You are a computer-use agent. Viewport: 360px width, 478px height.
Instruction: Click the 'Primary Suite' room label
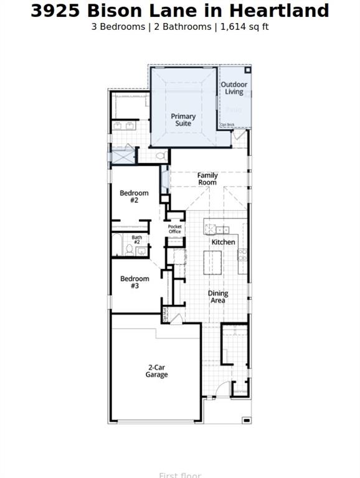[x=183, y=120]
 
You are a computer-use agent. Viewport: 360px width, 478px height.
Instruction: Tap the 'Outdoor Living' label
[x=234, y=88]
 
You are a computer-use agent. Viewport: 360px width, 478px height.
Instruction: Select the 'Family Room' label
[x=207, y=179]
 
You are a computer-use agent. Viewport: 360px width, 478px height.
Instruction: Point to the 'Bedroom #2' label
[x=134, y=197]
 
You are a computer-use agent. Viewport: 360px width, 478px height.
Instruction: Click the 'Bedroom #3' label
[x=135, y=283]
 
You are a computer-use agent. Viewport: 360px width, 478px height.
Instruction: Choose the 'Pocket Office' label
[x=175, y=229]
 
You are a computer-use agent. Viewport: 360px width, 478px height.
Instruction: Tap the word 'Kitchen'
[x=224, y=242]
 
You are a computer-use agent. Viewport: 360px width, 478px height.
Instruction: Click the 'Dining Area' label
[x=218, y=297]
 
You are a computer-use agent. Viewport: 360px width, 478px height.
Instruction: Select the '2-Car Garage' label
[x=157, y=372]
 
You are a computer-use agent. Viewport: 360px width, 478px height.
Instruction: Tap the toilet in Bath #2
[x=130, y=250]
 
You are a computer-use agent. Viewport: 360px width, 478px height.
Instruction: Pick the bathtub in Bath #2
[x=118, y=245]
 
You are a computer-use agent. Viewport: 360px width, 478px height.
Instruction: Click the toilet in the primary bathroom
[x=160, y=156]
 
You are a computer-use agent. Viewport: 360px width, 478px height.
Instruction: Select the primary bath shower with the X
[x=123, y=156]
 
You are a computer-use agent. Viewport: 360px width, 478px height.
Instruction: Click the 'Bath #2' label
[x=137, y=240]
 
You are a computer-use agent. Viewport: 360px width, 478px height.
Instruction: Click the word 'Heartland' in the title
[x=278, y=11]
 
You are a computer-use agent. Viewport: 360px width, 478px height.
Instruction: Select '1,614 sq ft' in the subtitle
[x=245, y=27]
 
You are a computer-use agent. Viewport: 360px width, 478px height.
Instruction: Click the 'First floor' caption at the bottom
[x=180, y=475]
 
